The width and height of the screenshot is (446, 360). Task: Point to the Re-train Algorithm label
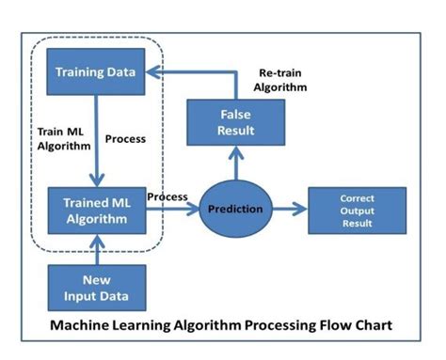(x=282, y=80)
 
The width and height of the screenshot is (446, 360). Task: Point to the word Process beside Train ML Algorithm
(x=126, y=139)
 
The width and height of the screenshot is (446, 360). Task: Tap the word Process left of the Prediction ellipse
(x=167, y=197)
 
